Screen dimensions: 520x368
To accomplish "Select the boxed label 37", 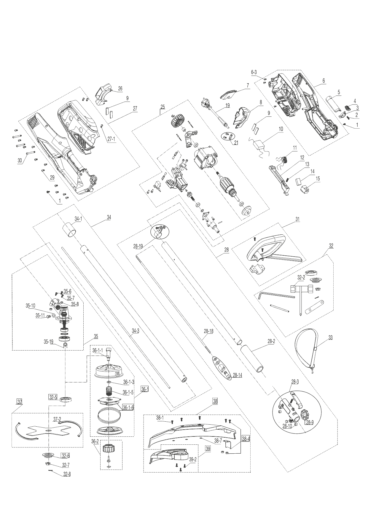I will pos(19,402).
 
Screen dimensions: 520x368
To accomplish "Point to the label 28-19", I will pos(138,246).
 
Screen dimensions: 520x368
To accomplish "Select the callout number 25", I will pos(162,106).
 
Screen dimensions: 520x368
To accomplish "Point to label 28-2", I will pos(271,341).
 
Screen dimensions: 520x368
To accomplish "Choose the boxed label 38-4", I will pos(246,439).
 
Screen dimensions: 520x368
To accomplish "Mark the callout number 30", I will pos(20,160).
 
